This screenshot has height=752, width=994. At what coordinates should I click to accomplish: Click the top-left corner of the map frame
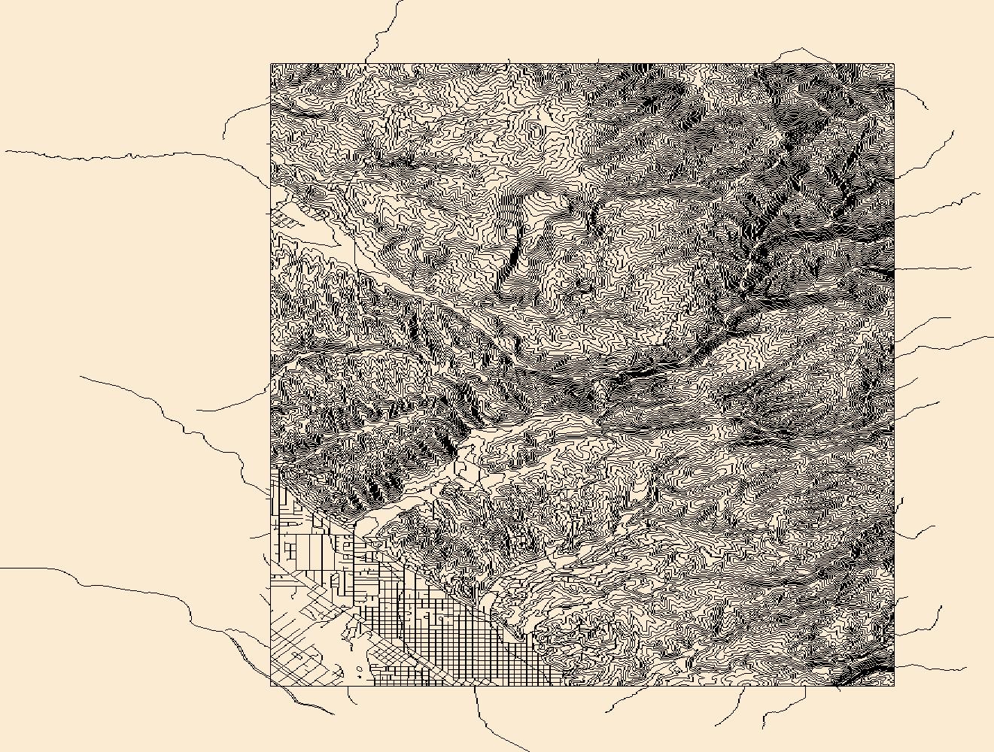[x=271, y=64]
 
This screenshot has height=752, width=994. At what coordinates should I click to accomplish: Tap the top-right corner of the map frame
[x=894, y=64]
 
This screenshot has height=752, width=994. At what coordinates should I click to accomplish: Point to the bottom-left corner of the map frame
[x=271, y=685]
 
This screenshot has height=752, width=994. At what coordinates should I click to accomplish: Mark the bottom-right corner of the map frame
[x=894, y=685]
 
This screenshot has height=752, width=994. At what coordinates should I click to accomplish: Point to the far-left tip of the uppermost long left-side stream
[x=6, y=151]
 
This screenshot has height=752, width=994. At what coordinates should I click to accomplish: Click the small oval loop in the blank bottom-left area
[x=359, y=668]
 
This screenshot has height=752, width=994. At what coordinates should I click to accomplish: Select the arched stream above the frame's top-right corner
[x=801, y=51]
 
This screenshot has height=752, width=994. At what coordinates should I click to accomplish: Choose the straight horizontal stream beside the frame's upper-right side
[x=933, y=268]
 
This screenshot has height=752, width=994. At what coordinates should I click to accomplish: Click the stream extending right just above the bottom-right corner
[x=933, y=667]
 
